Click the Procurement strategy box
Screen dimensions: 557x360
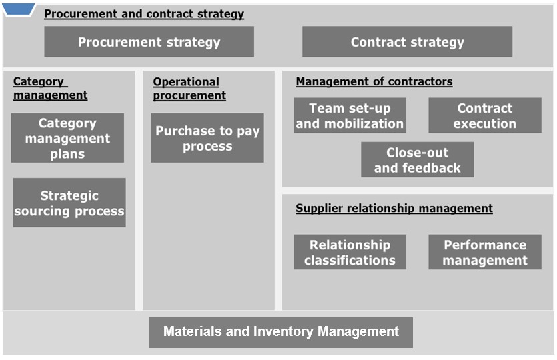tap(149, 41)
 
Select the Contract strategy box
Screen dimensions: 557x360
tap(407, 41)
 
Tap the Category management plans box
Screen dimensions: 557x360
tap(67, 138)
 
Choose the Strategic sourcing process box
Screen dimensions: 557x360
tap(69, 203)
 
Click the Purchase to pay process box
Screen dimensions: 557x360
tap(207, 138)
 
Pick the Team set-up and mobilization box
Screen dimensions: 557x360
tap(350, 115)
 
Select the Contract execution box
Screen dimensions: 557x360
tap(485, 115)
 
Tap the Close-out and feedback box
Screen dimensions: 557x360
tap(418, 160)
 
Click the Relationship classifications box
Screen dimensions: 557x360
tap(350, 252)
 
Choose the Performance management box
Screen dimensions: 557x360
tap(485, 252)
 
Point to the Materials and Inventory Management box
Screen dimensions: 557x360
tap(281, 333)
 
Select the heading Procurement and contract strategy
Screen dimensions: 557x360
tap(144, 14)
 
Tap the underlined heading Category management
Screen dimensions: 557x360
tap(51, 89)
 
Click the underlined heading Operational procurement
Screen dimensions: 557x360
tap(189, 89)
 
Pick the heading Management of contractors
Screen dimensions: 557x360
tap(374, 81)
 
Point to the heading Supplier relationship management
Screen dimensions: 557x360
tap(394, 209)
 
